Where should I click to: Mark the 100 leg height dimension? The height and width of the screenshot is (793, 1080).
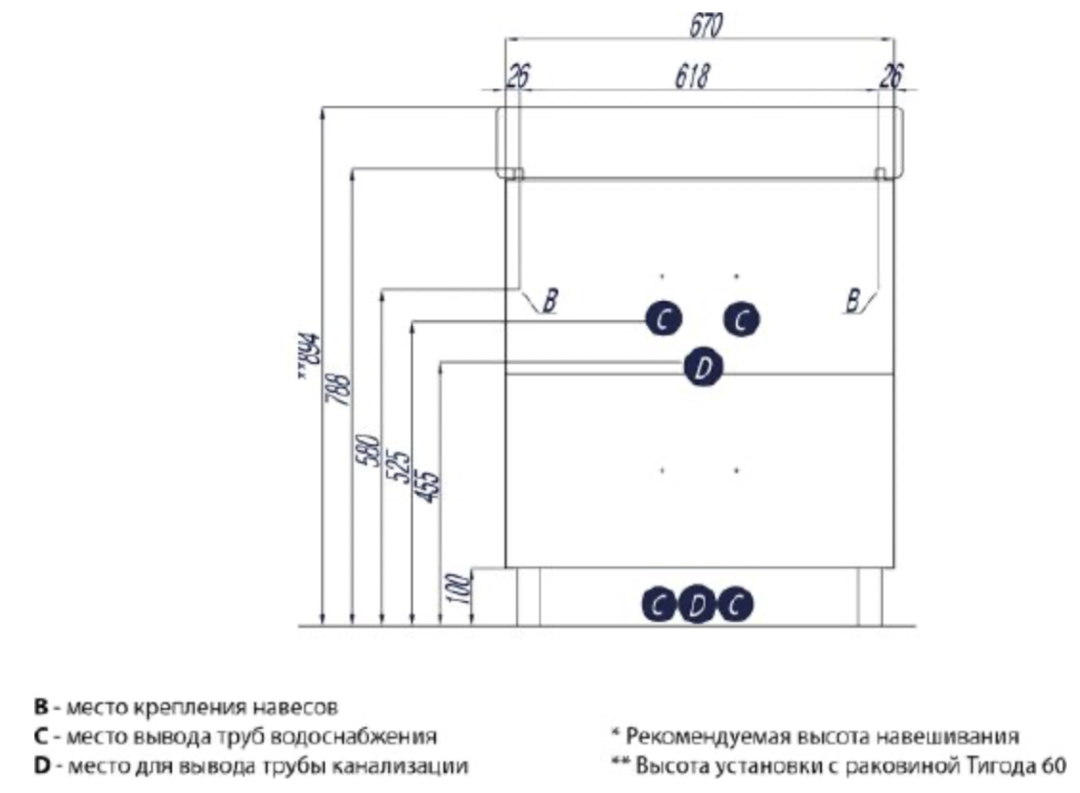(x=457, y=589)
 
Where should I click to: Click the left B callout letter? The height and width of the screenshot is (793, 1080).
(x=550, y=300)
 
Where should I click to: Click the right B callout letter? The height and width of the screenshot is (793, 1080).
(x=852, y=301)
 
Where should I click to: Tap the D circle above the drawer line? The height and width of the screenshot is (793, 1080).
(x=703, y=366)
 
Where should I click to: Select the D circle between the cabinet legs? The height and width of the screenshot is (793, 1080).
(x=698, y=604)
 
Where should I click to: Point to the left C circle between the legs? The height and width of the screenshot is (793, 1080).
(x=659, y=604)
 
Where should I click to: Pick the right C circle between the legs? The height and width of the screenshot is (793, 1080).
(x=735, y=604)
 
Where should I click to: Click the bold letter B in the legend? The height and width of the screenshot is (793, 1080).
(x=40, y=708)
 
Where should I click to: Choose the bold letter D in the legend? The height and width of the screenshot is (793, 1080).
(x=40, y=765)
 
